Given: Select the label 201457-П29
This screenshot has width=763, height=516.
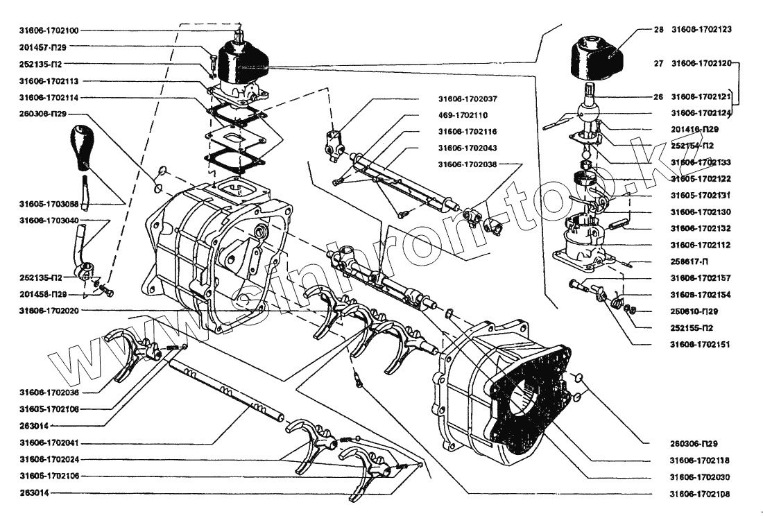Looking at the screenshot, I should pos(43,47).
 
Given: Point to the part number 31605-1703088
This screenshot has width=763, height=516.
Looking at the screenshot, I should pos(49,204).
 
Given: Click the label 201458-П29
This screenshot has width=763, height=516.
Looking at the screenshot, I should pos(43,294).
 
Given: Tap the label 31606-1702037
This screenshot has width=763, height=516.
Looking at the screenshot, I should pos(467,98).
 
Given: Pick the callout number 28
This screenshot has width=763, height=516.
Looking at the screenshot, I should pos(658,30).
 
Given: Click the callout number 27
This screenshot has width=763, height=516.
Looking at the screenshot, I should pos(658,63).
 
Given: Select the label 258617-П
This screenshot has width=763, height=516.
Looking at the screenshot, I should pos(690,261).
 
